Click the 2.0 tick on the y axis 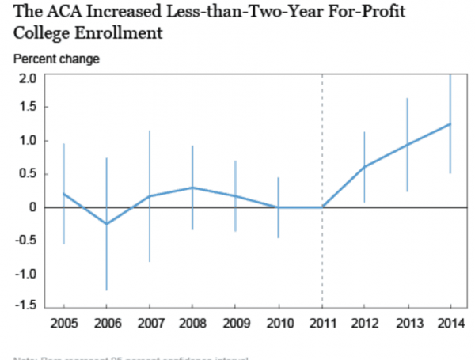coord(29,78)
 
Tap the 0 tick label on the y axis coord(32,207)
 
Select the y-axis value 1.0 coord(29,141)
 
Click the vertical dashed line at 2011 coord(321,261)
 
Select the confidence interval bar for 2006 coord(107,253)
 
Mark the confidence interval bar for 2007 coord(150,229)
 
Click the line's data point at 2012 coord(364,166)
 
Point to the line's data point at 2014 coord(450,123)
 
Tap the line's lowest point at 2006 coord(107,224)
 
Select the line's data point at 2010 coord(279,207)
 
